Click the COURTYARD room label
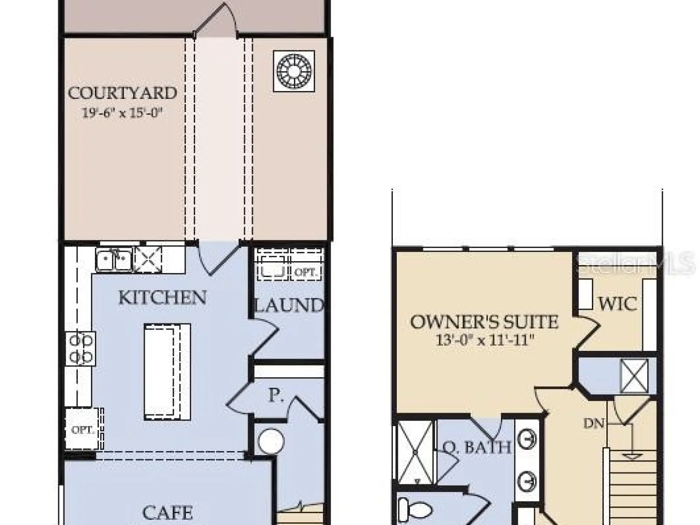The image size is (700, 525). [x=122, y=93]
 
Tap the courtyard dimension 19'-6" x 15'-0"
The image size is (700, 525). [x=122, y=113]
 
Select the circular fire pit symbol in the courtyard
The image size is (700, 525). [x=294, y=71]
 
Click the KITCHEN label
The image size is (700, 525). [x=162, y=297]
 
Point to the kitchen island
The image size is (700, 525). [x=168, y=372]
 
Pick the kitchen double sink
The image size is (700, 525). [x=114, y=260]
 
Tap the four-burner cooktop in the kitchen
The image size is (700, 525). [x=80, y=348]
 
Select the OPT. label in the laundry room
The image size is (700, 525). [x=305, y=273]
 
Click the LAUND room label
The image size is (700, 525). [x=289, y=305]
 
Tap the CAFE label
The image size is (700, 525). [x=168, y=513]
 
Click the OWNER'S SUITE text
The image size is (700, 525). [x=484, y=322]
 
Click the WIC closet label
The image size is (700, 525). [x=618, y=304]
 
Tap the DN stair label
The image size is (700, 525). [x=594, y=423]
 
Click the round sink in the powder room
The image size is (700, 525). [x=271, y=441]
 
